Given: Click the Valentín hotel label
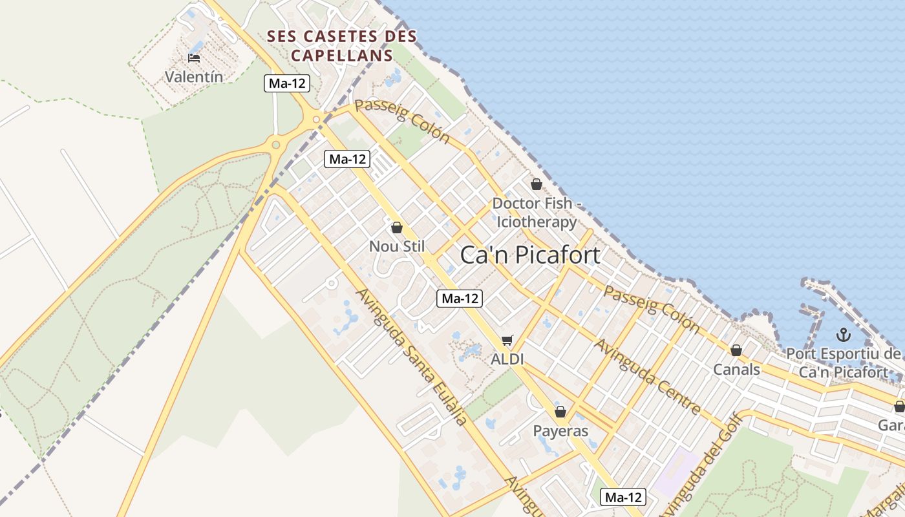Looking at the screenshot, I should point(194,77).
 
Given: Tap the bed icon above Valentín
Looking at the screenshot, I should point(194,58).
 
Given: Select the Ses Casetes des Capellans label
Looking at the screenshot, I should point(342,45).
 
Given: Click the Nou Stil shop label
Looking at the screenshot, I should point(397,246).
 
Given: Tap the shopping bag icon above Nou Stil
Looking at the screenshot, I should point(397,227).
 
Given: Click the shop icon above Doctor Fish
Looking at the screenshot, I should point(536,184).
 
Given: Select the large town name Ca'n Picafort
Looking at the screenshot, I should point(530,255).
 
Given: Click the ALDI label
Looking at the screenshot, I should point(507,359).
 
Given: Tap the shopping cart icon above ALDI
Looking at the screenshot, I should point(507,340).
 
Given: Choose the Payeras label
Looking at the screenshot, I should point(560,430).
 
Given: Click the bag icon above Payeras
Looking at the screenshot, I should point(560,412).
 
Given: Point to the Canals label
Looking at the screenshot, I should point(736,370).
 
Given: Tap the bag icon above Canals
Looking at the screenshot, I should point(736,350).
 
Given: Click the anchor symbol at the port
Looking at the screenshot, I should point(843,335).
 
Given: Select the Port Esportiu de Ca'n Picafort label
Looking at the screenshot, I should point(843,363).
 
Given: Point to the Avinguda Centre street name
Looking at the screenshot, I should point(648,377).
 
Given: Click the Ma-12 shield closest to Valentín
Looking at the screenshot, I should point(287,83).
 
